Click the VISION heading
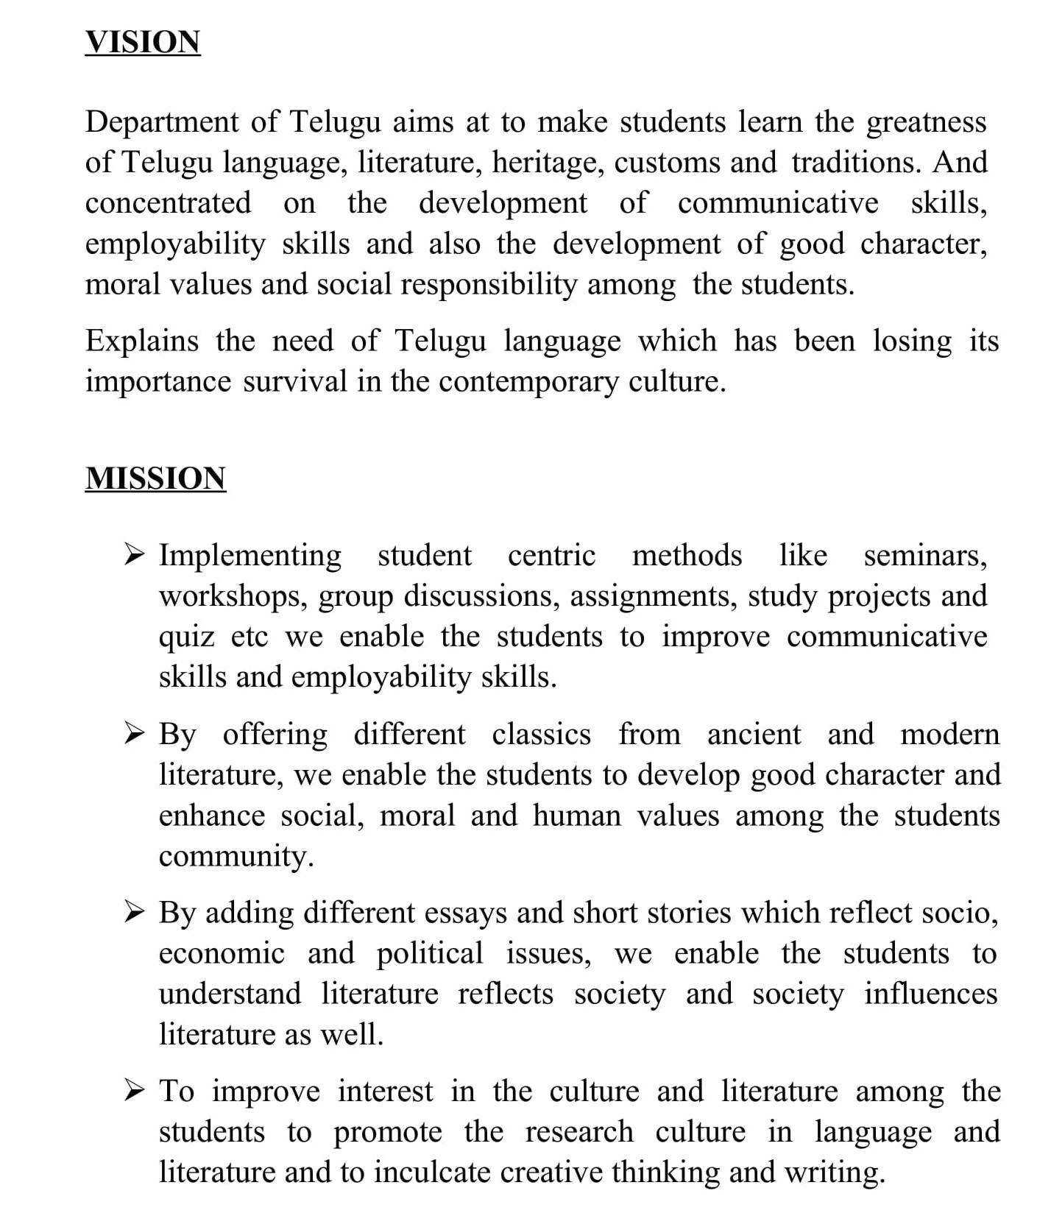(142, 42)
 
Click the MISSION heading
(155, 478)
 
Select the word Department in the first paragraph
(162, 122)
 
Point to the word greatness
(926, 122)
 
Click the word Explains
(142, 342)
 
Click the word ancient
(754, 735)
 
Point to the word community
(236, 857)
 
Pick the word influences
(930, 994)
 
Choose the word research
(578, 1133)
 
